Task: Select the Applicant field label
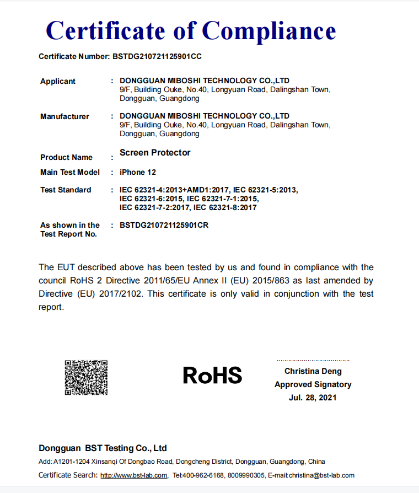click(58, 82)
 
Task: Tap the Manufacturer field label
click(65, 117)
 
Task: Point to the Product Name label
click(66, 158)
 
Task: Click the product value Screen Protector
click(155, 153)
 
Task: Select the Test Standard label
click(66, 190)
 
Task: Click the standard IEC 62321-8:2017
click(225, 208)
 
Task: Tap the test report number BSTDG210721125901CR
click(164, 226)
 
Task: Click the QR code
click(86, 377)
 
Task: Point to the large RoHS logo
click(212, 376)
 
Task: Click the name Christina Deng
click(313, 372)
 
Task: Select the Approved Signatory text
click(313, 384)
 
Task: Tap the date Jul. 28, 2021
click(313, 398)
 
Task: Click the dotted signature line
click(313, 360)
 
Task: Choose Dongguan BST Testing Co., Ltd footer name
click(103, 448)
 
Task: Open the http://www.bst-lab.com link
click(133, 475)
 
